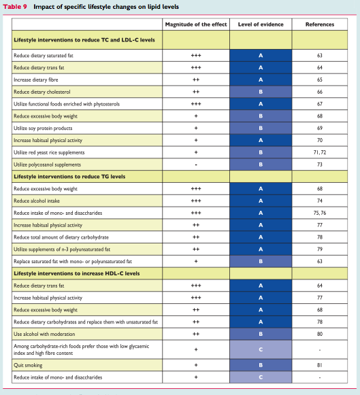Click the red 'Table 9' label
tap(15, 7)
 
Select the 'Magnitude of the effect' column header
tap(196, 24)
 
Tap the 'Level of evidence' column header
tap(261, 24)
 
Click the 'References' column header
tap(320, 24)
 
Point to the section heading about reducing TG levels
tap(69, 177)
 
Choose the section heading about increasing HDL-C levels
tap(77, 273)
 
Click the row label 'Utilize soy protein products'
tap(43, 128)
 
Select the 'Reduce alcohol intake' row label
tap(37, 201)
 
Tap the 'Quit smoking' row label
tap(28, 365)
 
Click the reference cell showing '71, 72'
tap(320, 152)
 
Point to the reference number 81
tap(320, 365)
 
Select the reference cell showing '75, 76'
tap(320, 213)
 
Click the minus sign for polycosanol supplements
tap(196, 165)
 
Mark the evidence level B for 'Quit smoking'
tap(261, 365)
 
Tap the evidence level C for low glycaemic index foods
tap(261, 349)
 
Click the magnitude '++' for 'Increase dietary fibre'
tap(196, 80)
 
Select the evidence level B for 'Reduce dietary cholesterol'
tap(261, 92)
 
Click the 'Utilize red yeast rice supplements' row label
tap(49, 152)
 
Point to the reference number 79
tap(320, 249)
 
